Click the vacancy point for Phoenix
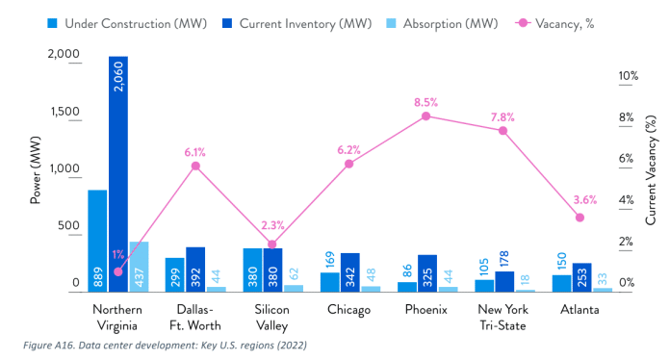click(x=425, y=116)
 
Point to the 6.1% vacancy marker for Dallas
click(x=195, y=166)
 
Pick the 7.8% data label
click(x=502, y=117)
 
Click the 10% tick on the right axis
click(x=628, y=76)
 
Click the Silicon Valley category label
click(x=272, y=317)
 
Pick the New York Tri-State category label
click(x=503, y=317)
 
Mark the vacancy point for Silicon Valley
click(x=272, y=244)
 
